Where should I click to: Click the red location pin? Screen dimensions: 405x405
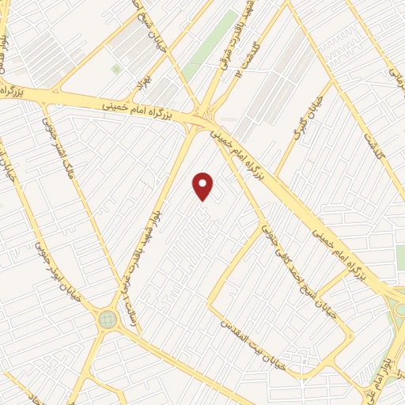click(x=204, y=185)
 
